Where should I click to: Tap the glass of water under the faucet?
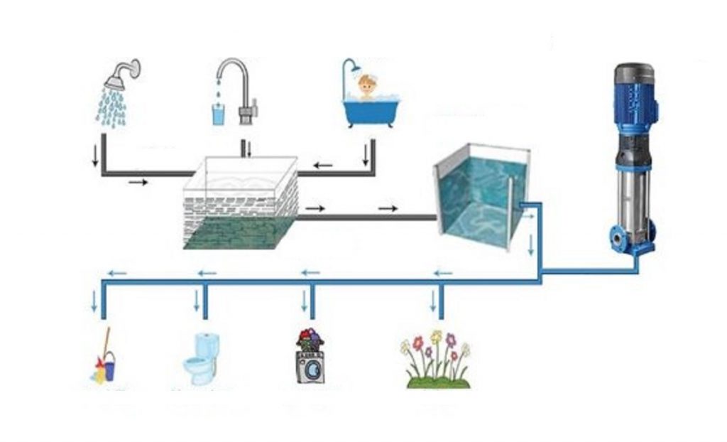[219, 114]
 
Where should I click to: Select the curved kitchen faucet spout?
[234, 70]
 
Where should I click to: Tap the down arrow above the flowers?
[432, 303]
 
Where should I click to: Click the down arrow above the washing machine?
[305, 303]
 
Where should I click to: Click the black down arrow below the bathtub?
[366, 154]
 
